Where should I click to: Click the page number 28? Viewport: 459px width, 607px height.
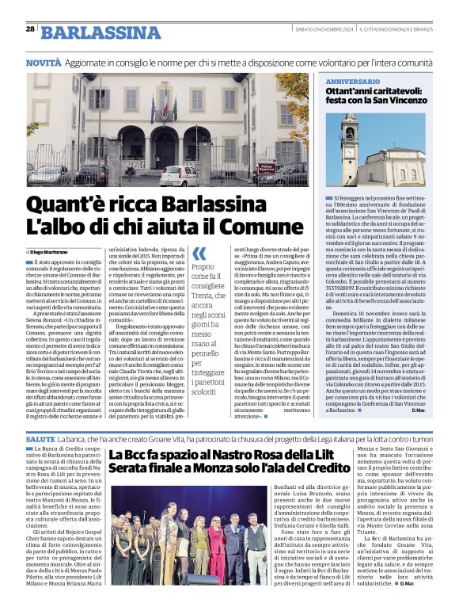click(30, 29)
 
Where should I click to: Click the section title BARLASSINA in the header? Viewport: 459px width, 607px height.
click(89, 32)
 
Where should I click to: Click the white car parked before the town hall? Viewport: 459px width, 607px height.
click(179, 175)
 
